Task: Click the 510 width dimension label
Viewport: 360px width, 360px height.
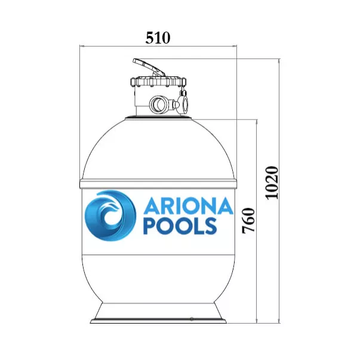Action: click(x=158, y=38)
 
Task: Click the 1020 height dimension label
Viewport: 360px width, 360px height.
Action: click(x=272, y=183)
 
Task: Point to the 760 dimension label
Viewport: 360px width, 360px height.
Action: click(x=248, y=221)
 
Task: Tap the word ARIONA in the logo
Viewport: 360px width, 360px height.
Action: click(x=188, y=206)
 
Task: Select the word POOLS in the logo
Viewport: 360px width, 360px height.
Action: click(x=180, y=226)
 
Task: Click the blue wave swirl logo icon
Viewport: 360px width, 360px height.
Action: click(x=110, y=216)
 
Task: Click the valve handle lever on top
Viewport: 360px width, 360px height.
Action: click(x=149, y=67)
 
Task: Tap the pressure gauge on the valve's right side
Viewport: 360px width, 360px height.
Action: click(x=183, y=103)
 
